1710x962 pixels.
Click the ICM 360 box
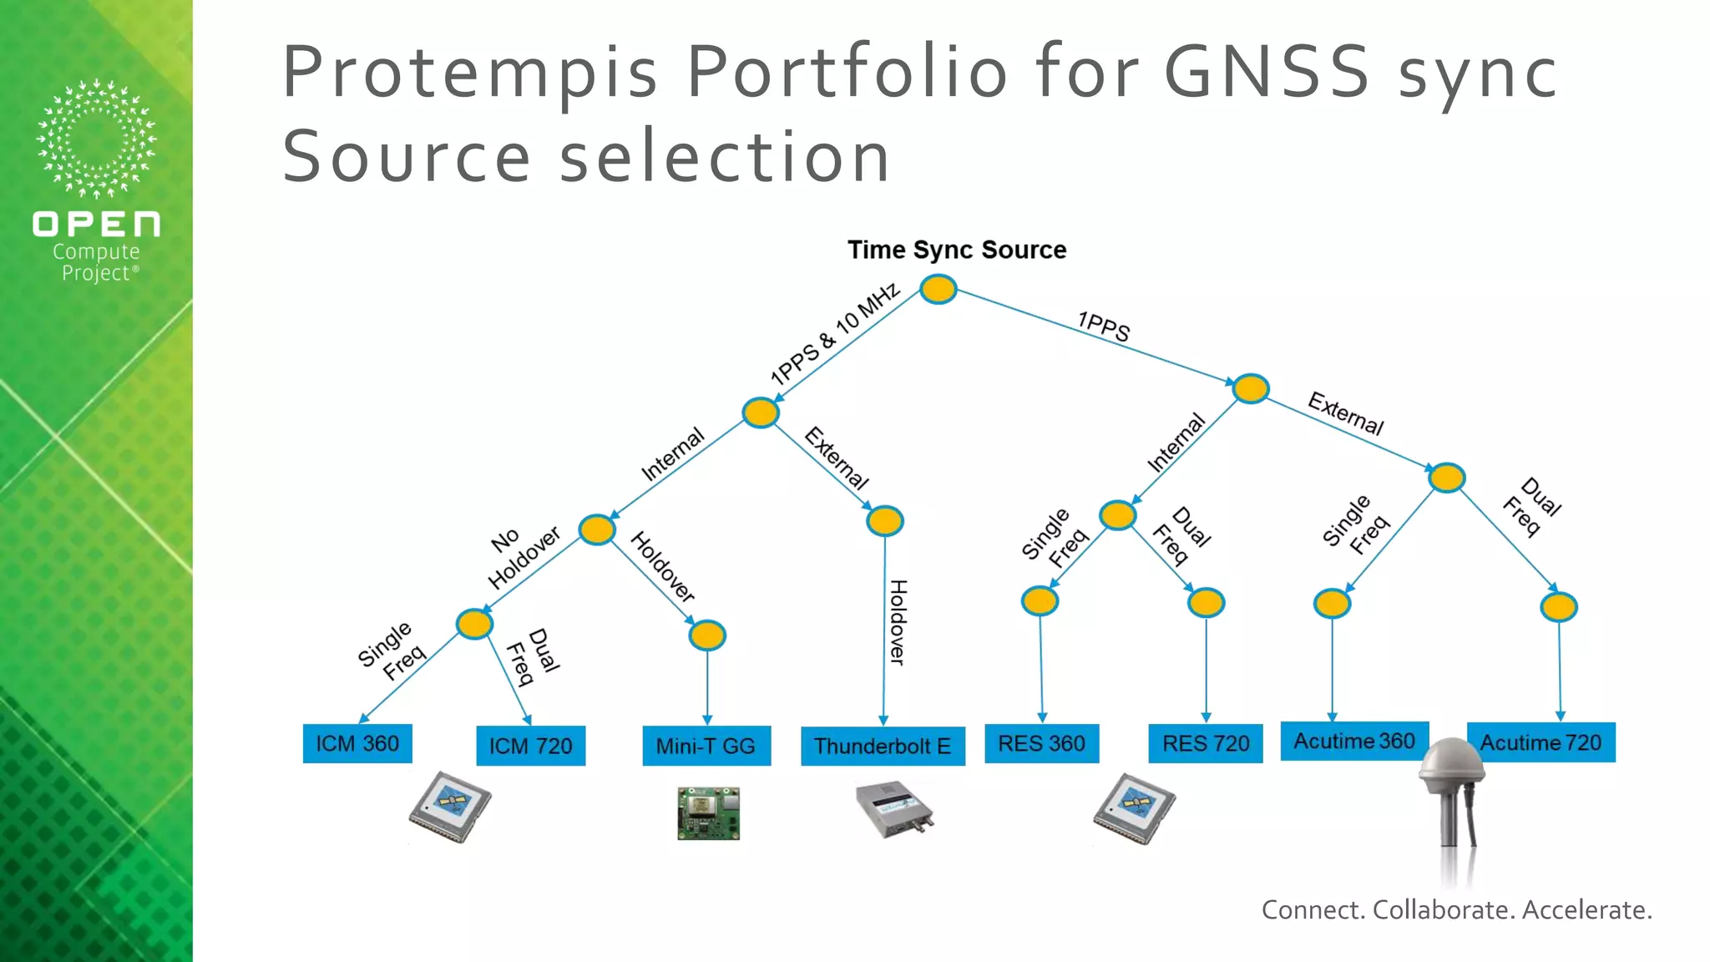(357, 743)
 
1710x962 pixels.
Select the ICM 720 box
(530, 746)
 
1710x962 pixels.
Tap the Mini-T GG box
(706, 746)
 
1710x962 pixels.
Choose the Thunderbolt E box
(883, 746)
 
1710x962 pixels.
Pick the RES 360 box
(1041, 743)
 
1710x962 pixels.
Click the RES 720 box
(1206, 743)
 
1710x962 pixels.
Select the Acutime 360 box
(1354, 741)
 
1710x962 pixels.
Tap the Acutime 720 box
(1541, 742)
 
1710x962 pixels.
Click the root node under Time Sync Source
(938, 290)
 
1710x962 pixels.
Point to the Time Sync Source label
(957, 250)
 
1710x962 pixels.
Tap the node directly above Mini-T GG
(707, 635)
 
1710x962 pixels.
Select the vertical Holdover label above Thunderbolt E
(898, 622)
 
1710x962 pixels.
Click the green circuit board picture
(708, 813)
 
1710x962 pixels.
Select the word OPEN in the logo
(96, 224)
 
